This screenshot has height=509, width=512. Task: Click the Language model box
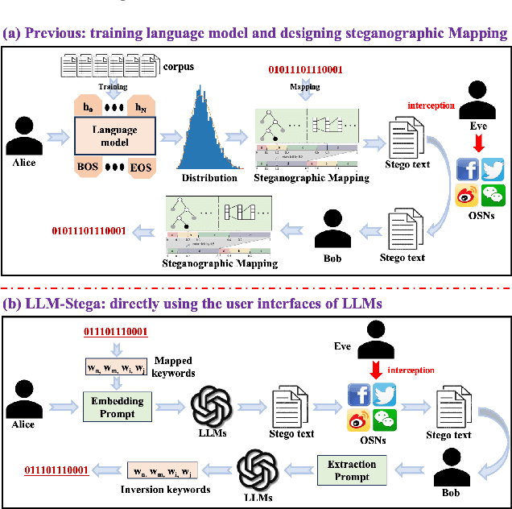(114, 134)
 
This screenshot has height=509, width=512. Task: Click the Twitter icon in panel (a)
(492, 170)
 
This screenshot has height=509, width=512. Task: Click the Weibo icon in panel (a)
(468, 194)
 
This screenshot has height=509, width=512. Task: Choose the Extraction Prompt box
(352, 470)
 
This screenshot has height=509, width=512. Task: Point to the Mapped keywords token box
(116, 370)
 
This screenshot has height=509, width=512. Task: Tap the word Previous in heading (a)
(56, 33)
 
